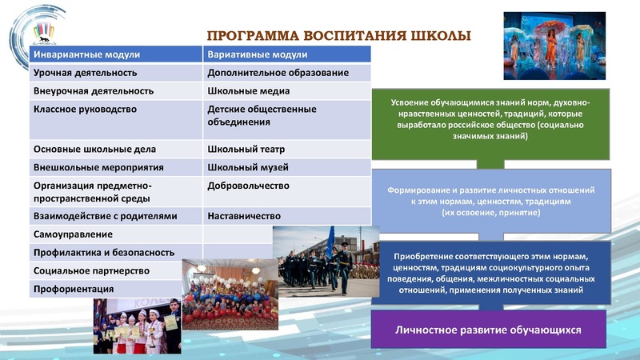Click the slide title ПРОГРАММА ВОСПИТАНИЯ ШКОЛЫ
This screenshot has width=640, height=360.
[339, 36]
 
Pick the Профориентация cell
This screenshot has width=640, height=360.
[73, 290]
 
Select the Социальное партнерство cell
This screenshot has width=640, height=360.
[90, 271]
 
